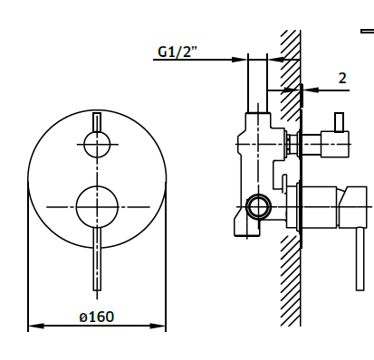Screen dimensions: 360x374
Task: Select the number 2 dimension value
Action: [342, 78]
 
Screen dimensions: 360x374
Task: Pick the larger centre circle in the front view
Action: [96, 206]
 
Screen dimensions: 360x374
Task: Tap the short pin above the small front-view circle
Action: [96, 121]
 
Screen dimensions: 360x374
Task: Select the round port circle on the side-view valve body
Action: [257, 207]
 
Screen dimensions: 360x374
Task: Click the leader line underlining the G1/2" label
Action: [199, 61]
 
